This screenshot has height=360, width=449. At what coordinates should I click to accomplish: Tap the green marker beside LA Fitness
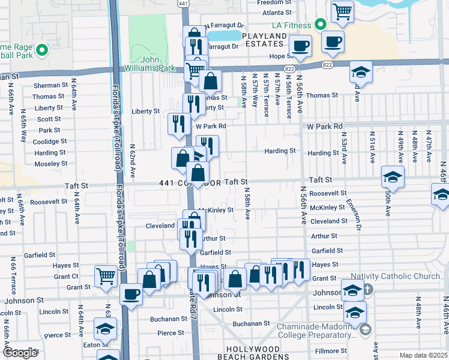click(x=321, y=25)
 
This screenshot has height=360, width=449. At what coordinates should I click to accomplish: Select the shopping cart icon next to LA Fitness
click(x=342, y=11)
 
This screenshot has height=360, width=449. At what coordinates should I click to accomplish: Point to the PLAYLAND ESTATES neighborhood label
click(x=264, y=40)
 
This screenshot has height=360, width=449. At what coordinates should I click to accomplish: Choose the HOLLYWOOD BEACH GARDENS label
click(x=262, y=352)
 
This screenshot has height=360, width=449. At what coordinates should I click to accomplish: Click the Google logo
click(x=20, y=353)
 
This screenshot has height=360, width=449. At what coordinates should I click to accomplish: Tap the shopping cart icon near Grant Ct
click(x=106, y=276)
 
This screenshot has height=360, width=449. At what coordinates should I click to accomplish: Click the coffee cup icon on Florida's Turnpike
click(x=131, y=294)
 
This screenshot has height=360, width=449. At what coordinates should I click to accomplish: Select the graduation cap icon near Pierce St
click(x=105, y=329)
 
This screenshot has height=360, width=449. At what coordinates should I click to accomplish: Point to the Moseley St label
click(x=50, y=164)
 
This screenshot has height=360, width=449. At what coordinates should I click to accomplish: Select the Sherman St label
click(x=49, y=86)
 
